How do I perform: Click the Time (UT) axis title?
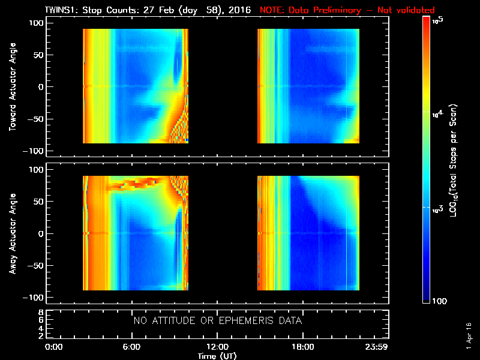[217, 356]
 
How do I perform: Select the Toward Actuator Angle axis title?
[11, 88]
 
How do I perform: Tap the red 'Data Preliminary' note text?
[347, 10]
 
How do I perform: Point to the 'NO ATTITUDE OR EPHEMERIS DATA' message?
[217, 321]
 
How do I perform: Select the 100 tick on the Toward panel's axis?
[36, 23]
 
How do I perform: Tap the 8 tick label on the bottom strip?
[40, 313]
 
